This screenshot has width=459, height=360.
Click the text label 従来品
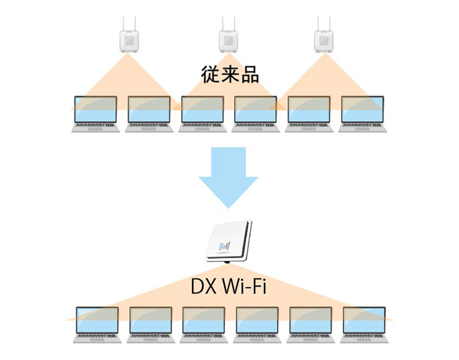(x=229, y=76)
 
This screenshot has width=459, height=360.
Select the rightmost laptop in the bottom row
(x=364, y=324)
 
